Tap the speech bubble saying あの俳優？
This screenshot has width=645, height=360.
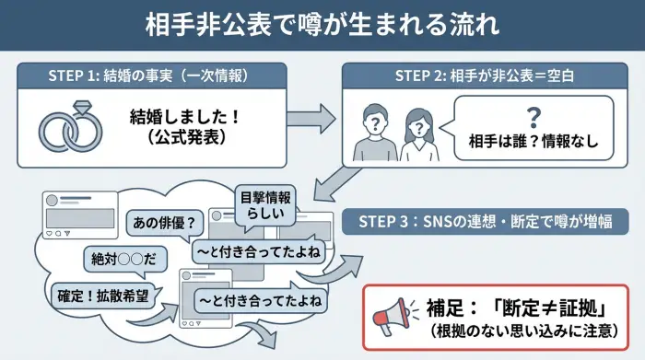click(x=162, y=222)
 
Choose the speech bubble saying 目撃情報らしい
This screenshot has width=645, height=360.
click(x=265, y=204)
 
